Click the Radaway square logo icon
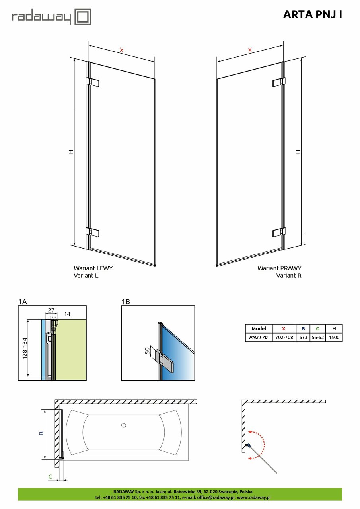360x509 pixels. pos(83,17)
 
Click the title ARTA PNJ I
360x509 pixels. pos(313,15)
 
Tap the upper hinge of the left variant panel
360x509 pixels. pos(93,82)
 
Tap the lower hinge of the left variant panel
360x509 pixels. pos(93,232)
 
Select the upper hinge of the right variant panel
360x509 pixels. pos(279,82)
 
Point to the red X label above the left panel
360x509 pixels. pos(122,50)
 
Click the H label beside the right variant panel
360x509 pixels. pos(298,152)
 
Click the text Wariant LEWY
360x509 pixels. pos(93,268)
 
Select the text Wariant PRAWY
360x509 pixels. pos(279,268)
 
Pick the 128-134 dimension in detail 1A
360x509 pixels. pos(25,349)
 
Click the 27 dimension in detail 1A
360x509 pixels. pos(51,310)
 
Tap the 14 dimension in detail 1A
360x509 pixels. pos(67,314)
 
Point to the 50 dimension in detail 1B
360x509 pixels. pos(148,351)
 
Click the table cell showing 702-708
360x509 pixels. pos(284,338)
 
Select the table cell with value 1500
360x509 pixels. pos(334,338)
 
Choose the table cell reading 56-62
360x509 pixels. pos(318,338)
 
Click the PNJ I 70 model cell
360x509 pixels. pos(259,338)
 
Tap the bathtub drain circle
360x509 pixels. pos(124,425)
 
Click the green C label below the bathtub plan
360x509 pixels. pos(50,477)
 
